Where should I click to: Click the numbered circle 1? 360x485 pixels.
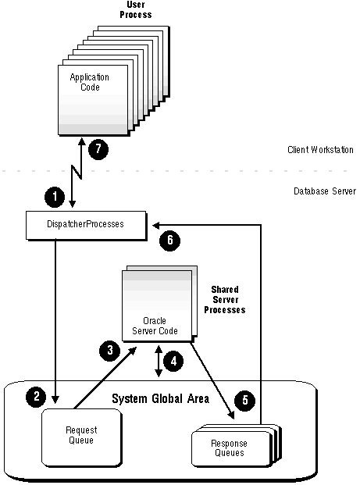(x=55, y=197)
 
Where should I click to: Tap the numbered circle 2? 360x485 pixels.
(x=36, y=397)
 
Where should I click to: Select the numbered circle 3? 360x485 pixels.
(x=110, y=351)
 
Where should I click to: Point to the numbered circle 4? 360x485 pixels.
(x=173, y=361)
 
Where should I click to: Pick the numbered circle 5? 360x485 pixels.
(x=245, y=400)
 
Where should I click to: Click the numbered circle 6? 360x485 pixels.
(x=169, y=241)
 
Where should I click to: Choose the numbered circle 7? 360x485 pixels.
(x=98, y=149)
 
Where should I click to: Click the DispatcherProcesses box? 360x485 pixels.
(x=86, y=225)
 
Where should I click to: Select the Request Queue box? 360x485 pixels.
(x=82, y=437)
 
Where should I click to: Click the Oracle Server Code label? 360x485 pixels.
(x=155, y=326)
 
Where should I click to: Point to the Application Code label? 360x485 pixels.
(x=90, y=82)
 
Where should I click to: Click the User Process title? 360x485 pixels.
(x=136, y=9)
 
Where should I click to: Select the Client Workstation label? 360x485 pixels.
(x=320, y=150)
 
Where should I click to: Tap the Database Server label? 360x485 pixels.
(x=325, y=191)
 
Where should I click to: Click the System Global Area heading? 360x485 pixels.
(x=161, y=399)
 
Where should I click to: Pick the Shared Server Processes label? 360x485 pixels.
(x=225, y=300)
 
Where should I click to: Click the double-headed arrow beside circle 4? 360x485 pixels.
(x=159, y=361)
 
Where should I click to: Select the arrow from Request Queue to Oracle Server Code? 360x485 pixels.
(x=105, y=377)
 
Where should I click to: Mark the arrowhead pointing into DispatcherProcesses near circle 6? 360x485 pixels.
(x=156, y=226)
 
